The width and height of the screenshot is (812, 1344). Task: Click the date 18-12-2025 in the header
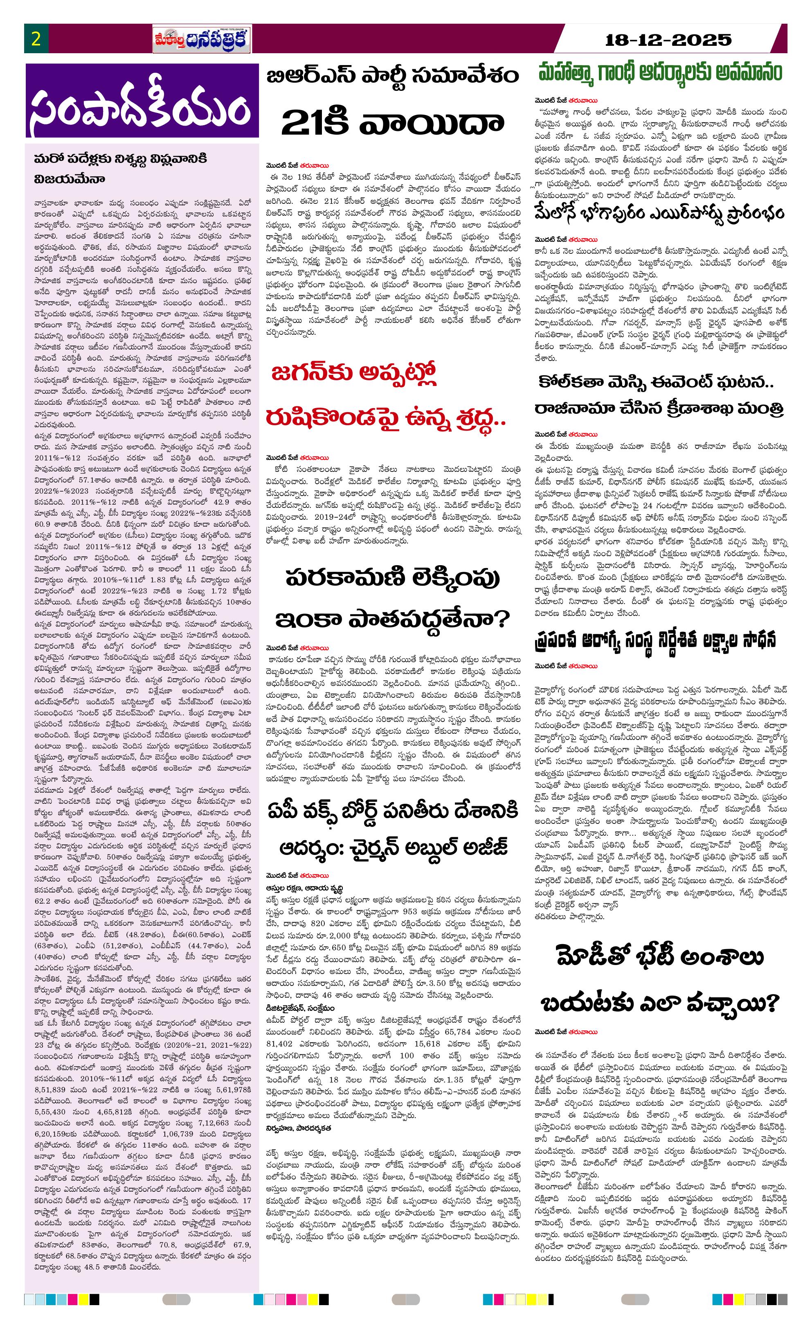(668, 40)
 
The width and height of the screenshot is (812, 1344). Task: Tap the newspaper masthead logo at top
(202, 39)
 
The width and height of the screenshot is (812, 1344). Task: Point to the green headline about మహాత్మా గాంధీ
(660, 72)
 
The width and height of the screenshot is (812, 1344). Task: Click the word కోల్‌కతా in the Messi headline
(581, 382)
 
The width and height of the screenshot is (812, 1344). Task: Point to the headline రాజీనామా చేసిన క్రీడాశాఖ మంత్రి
(660, 408)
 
